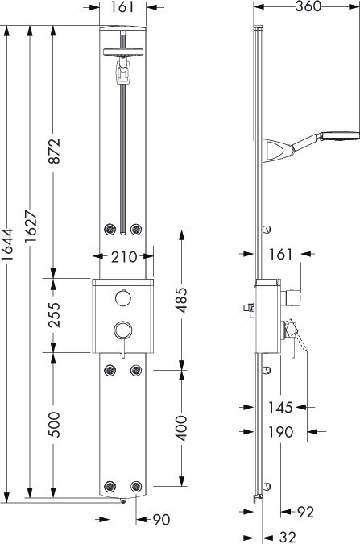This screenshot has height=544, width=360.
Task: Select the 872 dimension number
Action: click(x=55, y=151)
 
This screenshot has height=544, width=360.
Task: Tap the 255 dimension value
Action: click(x=55, y=314)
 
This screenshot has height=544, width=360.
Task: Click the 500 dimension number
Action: click(x=55, y=425)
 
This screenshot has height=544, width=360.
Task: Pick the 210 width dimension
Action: click(x=124, y=257)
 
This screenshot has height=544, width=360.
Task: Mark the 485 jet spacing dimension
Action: click(x=181, y=300)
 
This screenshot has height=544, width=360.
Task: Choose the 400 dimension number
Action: click(x=181, y=429)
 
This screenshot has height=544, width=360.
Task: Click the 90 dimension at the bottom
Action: click(x=162, y=520)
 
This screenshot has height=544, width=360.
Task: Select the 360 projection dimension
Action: click(x=308, y=6)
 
